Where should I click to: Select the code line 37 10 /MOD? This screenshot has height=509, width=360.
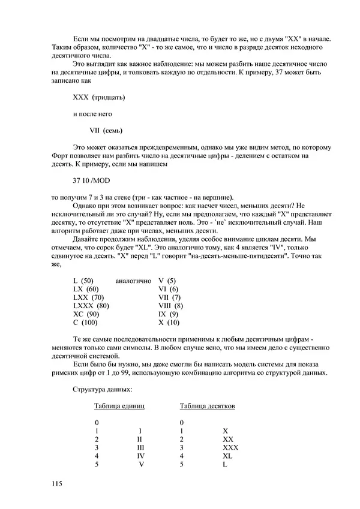click(x=91, y=180)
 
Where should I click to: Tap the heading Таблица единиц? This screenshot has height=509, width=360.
click(x=119, y=406)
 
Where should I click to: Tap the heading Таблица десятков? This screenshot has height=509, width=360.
click(x=208, y=406)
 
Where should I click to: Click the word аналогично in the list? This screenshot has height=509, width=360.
click(x=133, y=281)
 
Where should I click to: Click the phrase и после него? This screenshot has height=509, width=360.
click(x=92, y=113)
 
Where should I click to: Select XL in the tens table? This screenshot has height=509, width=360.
click(x=227, y=456)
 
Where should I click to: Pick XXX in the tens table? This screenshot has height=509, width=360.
click(x=230, y=448)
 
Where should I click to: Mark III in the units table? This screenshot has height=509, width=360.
click(x=140, y=448)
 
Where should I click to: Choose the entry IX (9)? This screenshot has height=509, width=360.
click(x=168, y=314)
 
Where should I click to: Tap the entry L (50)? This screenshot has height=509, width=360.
click(x=83, y=281)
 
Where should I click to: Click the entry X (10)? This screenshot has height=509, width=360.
click(x=169, y=323)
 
